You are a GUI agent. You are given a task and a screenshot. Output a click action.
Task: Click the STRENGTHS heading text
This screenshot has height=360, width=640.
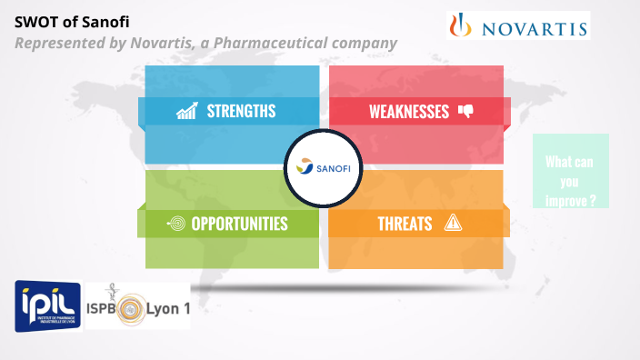point(241,112)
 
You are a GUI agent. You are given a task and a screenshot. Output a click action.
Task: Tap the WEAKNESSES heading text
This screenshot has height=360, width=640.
point(408,112)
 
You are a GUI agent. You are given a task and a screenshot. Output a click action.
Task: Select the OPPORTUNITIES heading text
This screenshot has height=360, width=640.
point(239,224)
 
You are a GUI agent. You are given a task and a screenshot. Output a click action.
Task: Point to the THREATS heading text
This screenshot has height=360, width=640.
point(405,224)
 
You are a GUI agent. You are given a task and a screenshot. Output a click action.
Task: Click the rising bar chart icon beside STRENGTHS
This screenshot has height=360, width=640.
point(187,112)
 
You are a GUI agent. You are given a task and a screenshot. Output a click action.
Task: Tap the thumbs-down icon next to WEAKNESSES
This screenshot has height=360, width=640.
point(465,112)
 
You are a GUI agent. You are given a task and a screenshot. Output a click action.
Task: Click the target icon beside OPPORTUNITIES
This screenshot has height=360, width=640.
point(176,224)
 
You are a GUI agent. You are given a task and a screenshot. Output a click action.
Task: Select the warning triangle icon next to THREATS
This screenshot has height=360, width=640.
point(453,224)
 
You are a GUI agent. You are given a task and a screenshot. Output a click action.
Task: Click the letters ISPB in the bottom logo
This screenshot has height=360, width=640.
point(105,309)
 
